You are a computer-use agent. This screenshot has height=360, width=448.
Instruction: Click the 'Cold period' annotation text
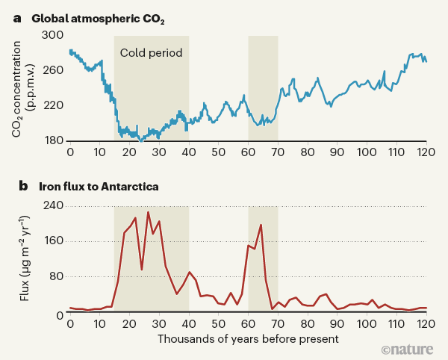151,53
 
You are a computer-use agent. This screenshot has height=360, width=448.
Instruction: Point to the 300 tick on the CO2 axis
54,35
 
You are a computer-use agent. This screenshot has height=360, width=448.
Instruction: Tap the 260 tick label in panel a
54,70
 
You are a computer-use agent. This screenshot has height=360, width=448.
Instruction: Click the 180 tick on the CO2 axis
54,140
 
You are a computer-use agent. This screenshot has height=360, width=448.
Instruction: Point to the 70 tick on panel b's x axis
278,326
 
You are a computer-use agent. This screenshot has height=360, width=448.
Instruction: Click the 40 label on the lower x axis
188,326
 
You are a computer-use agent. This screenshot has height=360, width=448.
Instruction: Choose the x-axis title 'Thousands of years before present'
248,339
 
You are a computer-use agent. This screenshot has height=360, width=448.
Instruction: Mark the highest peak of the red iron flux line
148,212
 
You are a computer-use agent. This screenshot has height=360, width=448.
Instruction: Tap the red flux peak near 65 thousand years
261,225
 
